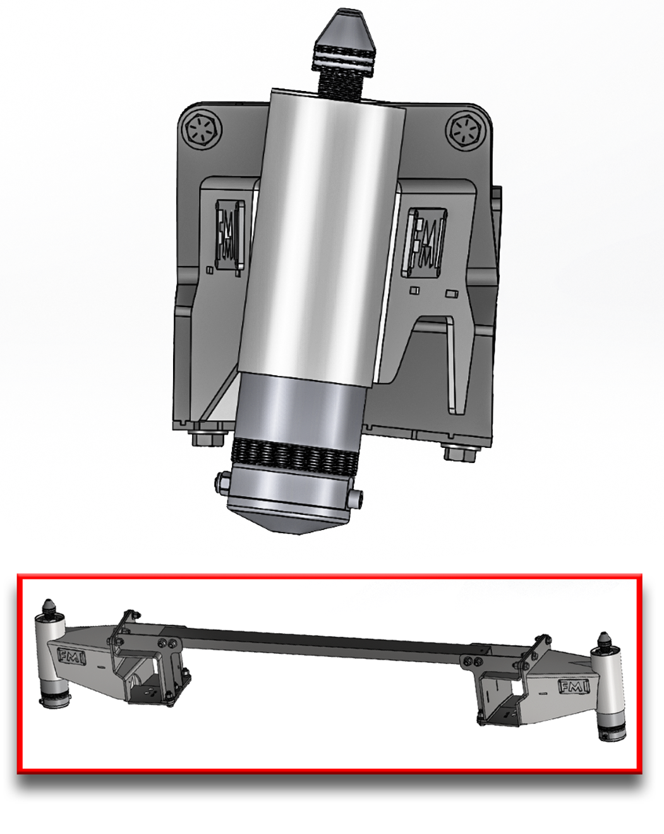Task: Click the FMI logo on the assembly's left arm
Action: (71, 656)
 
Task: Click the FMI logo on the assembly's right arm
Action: (572, 686)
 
